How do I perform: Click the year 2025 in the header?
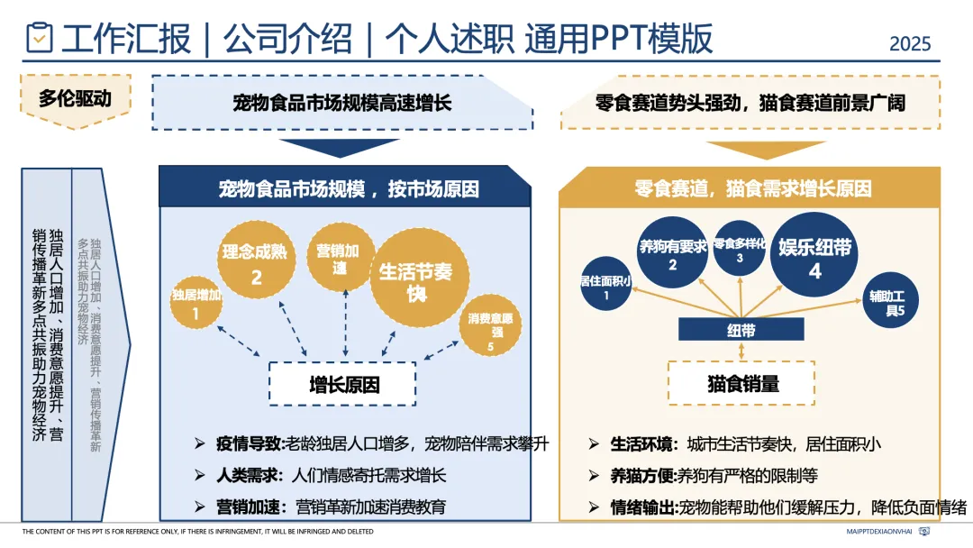tap(910, 43)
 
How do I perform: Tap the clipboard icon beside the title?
tap(40, 38)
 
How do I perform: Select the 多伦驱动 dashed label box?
tap(75, 97)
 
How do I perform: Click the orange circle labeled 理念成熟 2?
tap(257, 261)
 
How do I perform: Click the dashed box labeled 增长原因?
tap(342, 385)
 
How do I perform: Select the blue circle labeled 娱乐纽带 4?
tap(814, 255)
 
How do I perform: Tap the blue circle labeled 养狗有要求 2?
tap(672, 253)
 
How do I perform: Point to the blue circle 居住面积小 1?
tap(605, 287)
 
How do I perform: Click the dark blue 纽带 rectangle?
tap(741, 330)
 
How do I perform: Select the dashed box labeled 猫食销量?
tap(741, 383)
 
